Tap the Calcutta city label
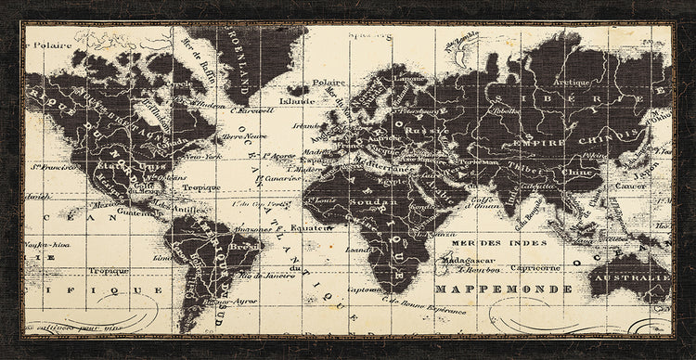pyautogui.click(x=533, y=186)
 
